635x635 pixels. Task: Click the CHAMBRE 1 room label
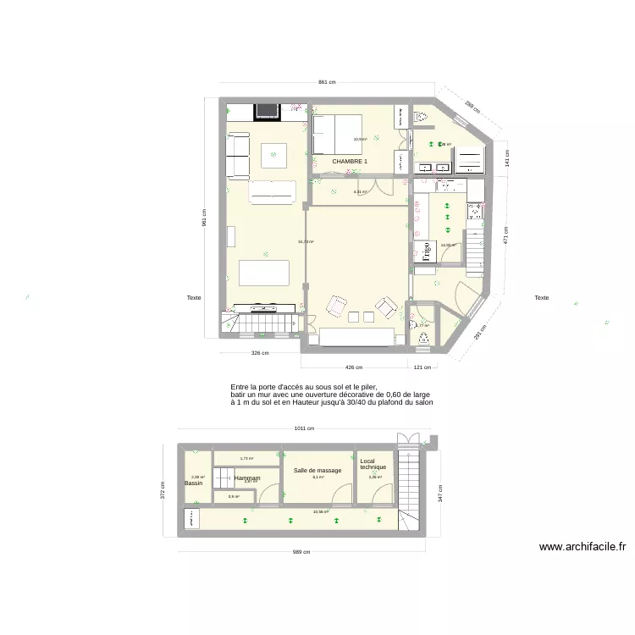pyautogui.click(x=350, y=161)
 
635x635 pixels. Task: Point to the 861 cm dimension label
pyautogui.click(x=327, y=82)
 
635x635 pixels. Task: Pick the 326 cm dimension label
pyautogui.click(x=260, y=353)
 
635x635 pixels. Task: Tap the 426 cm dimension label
pyautogui.click(x=353, y=367)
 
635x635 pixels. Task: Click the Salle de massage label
pyautogui.click(x=317, y=470)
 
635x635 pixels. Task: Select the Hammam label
pyautogui.click(x=247, y=478)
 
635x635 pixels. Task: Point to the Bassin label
pyautogui.click(x=193, y=483)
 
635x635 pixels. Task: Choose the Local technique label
pyautogui.click(x=373, y=465)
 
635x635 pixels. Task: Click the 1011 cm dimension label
pyautogui.click(x=304, y=428)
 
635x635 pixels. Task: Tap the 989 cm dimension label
pyautogui.click(x=301, y=552)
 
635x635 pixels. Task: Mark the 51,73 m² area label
pyautogui.click(x=306, y=242)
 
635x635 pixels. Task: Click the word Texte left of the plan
pyautogui.click(x=194, y=297)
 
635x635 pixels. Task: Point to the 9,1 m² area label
pyautogui.click(x=317, y=478)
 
